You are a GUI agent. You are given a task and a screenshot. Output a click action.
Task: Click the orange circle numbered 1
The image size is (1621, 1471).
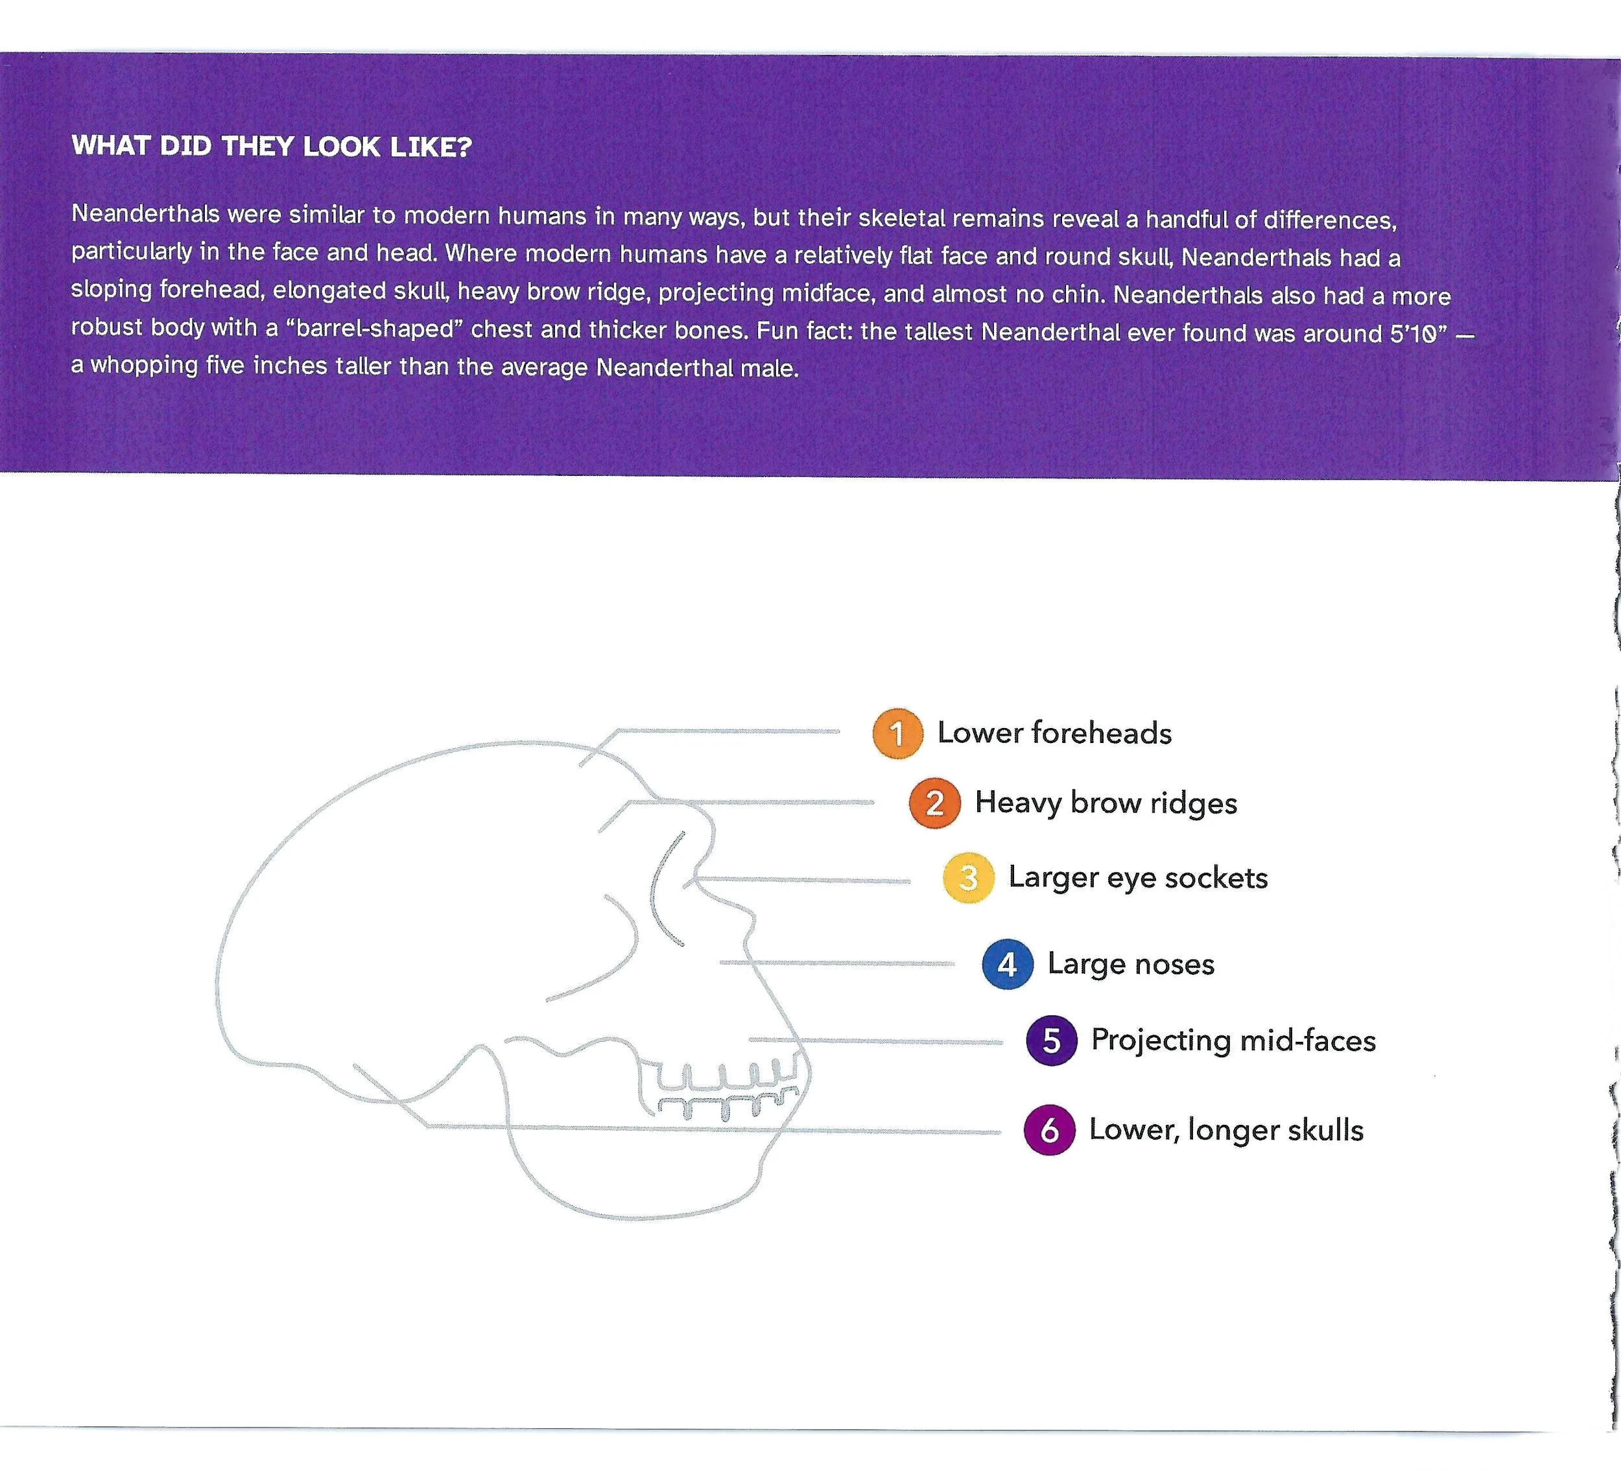pyautogui.click(x=897, y=733)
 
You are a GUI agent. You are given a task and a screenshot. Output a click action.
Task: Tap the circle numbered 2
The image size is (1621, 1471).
pyautogui.click(x=934, y=803)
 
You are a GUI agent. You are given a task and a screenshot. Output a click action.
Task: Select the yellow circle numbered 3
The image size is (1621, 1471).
pyautogui.click(x=968, y=878)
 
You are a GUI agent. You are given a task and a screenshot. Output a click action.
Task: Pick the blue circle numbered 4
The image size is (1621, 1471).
pyautogui.click(x=1007, y=964)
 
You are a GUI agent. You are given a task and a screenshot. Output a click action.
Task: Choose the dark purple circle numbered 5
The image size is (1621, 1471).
pyautogui.click(x=1051, y=1041)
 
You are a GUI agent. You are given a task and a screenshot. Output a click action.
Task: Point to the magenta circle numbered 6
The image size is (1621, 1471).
pyautogui.click(x=1049, y=1130)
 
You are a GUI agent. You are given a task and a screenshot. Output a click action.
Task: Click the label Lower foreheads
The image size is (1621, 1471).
pyautogui.click(x=1054, y=733)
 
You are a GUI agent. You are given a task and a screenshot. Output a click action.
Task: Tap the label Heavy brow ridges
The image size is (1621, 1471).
pyautogui.click(x=1106, y=803)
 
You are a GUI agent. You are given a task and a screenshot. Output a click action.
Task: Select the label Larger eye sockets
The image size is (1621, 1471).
pyautogui.click(x=1138, y=878)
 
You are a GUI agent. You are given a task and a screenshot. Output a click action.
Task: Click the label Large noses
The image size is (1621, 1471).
pyautogui.click(x=1131, y=964)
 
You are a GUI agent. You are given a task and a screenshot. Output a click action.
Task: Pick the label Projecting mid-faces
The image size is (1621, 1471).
pyautogui.click(x=1233, y=1041)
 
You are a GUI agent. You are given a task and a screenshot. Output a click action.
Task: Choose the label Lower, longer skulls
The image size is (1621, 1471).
pyautogui.click(x=1226, y=1130)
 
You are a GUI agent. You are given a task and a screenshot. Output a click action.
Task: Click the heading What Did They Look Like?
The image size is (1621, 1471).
pyautogui.click(x=271, y=147)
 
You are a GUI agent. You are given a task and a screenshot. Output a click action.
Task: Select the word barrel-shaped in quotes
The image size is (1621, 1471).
pyautogui.click(x=375, y=329)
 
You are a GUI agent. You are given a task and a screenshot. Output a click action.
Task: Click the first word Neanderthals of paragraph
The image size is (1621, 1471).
pyautogui.click(x=145, y=214)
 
